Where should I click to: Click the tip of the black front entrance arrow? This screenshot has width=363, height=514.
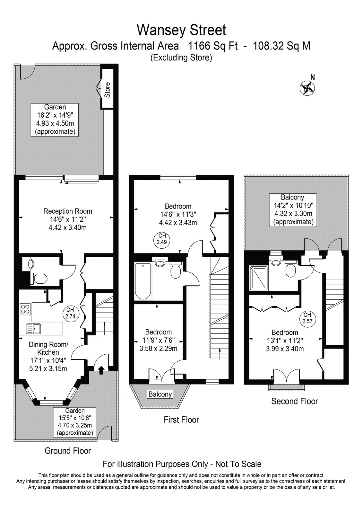(101, 367)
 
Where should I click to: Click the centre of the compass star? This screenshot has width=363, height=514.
(307, 88)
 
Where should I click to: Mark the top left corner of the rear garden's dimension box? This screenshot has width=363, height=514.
(31, 103)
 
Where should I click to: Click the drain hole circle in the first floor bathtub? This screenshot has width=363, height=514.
(143, 265)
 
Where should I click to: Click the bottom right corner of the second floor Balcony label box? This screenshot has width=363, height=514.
(317, 227)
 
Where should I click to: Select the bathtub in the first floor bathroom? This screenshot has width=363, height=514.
(143, 281)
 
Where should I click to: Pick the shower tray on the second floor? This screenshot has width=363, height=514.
(258, 278)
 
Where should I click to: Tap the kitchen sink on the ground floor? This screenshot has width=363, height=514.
(33, 329)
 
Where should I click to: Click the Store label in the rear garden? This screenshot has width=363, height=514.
(107, 90)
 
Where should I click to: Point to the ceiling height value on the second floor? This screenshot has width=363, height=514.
(307, 321)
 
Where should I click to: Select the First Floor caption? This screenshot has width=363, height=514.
(181, 420)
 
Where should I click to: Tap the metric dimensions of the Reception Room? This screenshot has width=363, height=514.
(68, 228)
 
